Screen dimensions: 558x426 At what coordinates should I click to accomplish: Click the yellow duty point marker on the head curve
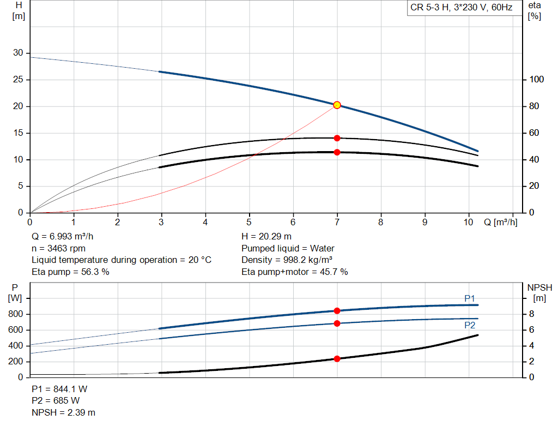click(337, 105)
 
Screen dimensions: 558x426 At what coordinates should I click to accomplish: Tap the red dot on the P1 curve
click(337, 311)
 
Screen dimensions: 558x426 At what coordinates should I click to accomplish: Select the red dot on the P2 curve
click(337, 323)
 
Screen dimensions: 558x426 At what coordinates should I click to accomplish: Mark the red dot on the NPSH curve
click(337, 359)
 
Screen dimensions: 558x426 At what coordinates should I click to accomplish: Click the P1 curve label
click(470, 298)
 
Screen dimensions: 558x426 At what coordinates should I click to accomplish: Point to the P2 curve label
click(470, 325)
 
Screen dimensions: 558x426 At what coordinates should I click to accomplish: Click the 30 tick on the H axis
click(18, 53)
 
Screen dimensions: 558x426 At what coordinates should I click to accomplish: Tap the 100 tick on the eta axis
click(536, 80)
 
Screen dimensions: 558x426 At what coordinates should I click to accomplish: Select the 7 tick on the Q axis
click(337, 222)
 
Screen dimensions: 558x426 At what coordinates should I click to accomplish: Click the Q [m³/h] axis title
click(501, 222)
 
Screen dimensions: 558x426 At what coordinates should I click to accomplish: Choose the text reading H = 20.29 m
click(266, 237)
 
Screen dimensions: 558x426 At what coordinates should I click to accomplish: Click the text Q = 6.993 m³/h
click(62, 237)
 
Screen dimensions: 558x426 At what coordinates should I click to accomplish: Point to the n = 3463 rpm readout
click(59, 248)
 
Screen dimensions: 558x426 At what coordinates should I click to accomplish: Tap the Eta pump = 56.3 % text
click(70, 272)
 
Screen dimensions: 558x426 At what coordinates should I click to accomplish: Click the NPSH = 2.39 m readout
click(63, 412)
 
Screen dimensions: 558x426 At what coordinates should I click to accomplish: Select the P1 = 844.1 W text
click(59, 389)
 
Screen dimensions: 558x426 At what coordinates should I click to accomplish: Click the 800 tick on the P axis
click(16, 314)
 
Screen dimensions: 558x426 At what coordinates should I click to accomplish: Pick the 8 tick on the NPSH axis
click(531, 314)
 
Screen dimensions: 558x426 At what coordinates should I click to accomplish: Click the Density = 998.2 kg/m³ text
click(287, 260)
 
